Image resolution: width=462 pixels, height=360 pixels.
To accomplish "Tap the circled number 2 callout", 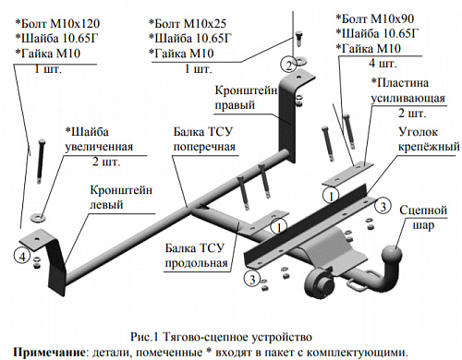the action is click(288, 66).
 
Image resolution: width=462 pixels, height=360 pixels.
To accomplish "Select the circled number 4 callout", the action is click(22, 256).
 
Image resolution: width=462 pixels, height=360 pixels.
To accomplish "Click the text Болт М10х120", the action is click(60, 23).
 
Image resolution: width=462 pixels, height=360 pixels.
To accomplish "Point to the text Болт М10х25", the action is click(190, 23).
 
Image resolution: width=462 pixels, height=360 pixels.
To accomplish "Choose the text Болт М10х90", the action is click(378, 18).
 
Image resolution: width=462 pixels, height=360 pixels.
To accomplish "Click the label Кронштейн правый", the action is click(246, 98).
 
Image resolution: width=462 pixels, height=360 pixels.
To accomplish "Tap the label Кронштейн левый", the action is click(121, 197).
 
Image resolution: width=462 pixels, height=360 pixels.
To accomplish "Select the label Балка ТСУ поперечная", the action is click(204, 139).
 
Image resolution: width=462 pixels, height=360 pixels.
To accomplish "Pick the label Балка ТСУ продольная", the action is click(196, 256).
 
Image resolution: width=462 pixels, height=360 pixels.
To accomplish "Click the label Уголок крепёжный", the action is click(429, 139).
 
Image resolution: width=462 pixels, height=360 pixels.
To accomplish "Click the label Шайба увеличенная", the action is click(99, 139).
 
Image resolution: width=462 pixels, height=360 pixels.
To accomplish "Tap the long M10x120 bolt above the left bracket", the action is click(41, 162).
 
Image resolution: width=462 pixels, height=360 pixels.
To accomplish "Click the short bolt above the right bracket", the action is click(298, 38).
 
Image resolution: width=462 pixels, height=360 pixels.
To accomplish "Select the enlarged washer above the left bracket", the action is click(38, 217).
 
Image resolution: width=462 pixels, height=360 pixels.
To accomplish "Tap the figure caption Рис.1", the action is click(144, 337).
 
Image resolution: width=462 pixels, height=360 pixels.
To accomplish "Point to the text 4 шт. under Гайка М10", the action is click(383, 64).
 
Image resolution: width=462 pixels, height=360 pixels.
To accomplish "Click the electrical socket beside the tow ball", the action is click(318, 282).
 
